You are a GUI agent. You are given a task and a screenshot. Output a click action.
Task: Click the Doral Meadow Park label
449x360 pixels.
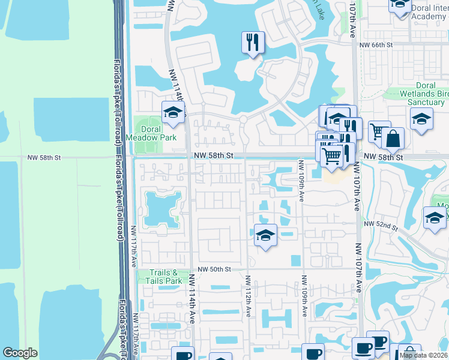[x=143, y=133]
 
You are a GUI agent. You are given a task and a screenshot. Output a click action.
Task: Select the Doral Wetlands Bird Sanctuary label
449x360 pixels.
[x=426, y=94]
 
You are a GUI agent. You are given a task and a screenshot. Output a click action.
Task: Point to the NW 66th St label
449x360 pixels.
[x=377, y=45]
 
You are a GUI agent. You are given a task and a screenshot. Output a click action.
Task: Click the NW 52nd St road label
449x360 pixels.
[x=384, y=227]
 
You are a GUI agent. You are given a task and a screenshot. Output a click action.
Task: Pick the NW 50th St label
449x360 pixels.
[x=213, y=269]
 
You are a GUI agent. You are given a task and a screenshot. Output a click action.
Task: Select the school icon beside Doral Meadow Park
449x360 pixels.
[x=173, y=112]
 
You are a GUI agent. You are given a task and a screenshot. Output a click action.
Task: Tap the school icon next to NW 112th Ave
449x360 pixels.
[x=265, y=236]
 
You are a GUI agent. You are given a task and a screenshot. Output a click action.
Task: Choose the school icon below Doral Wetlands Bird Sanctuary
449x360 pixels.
[x=422, y=118]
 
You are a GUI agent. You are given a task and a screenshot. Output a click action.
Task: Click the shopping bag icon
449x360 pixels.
[x=393, y=139]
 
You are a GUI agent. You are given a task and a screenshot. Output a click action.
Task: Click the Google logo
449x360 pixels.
[x=20, y=353]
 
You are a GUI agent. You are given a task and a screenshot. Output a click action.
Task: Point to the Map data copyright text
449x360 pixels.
[x=423, y=355]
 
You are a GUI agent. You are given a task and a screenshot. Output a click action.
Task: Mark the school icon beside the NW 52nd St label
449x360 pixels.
[x=435, y=218]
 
